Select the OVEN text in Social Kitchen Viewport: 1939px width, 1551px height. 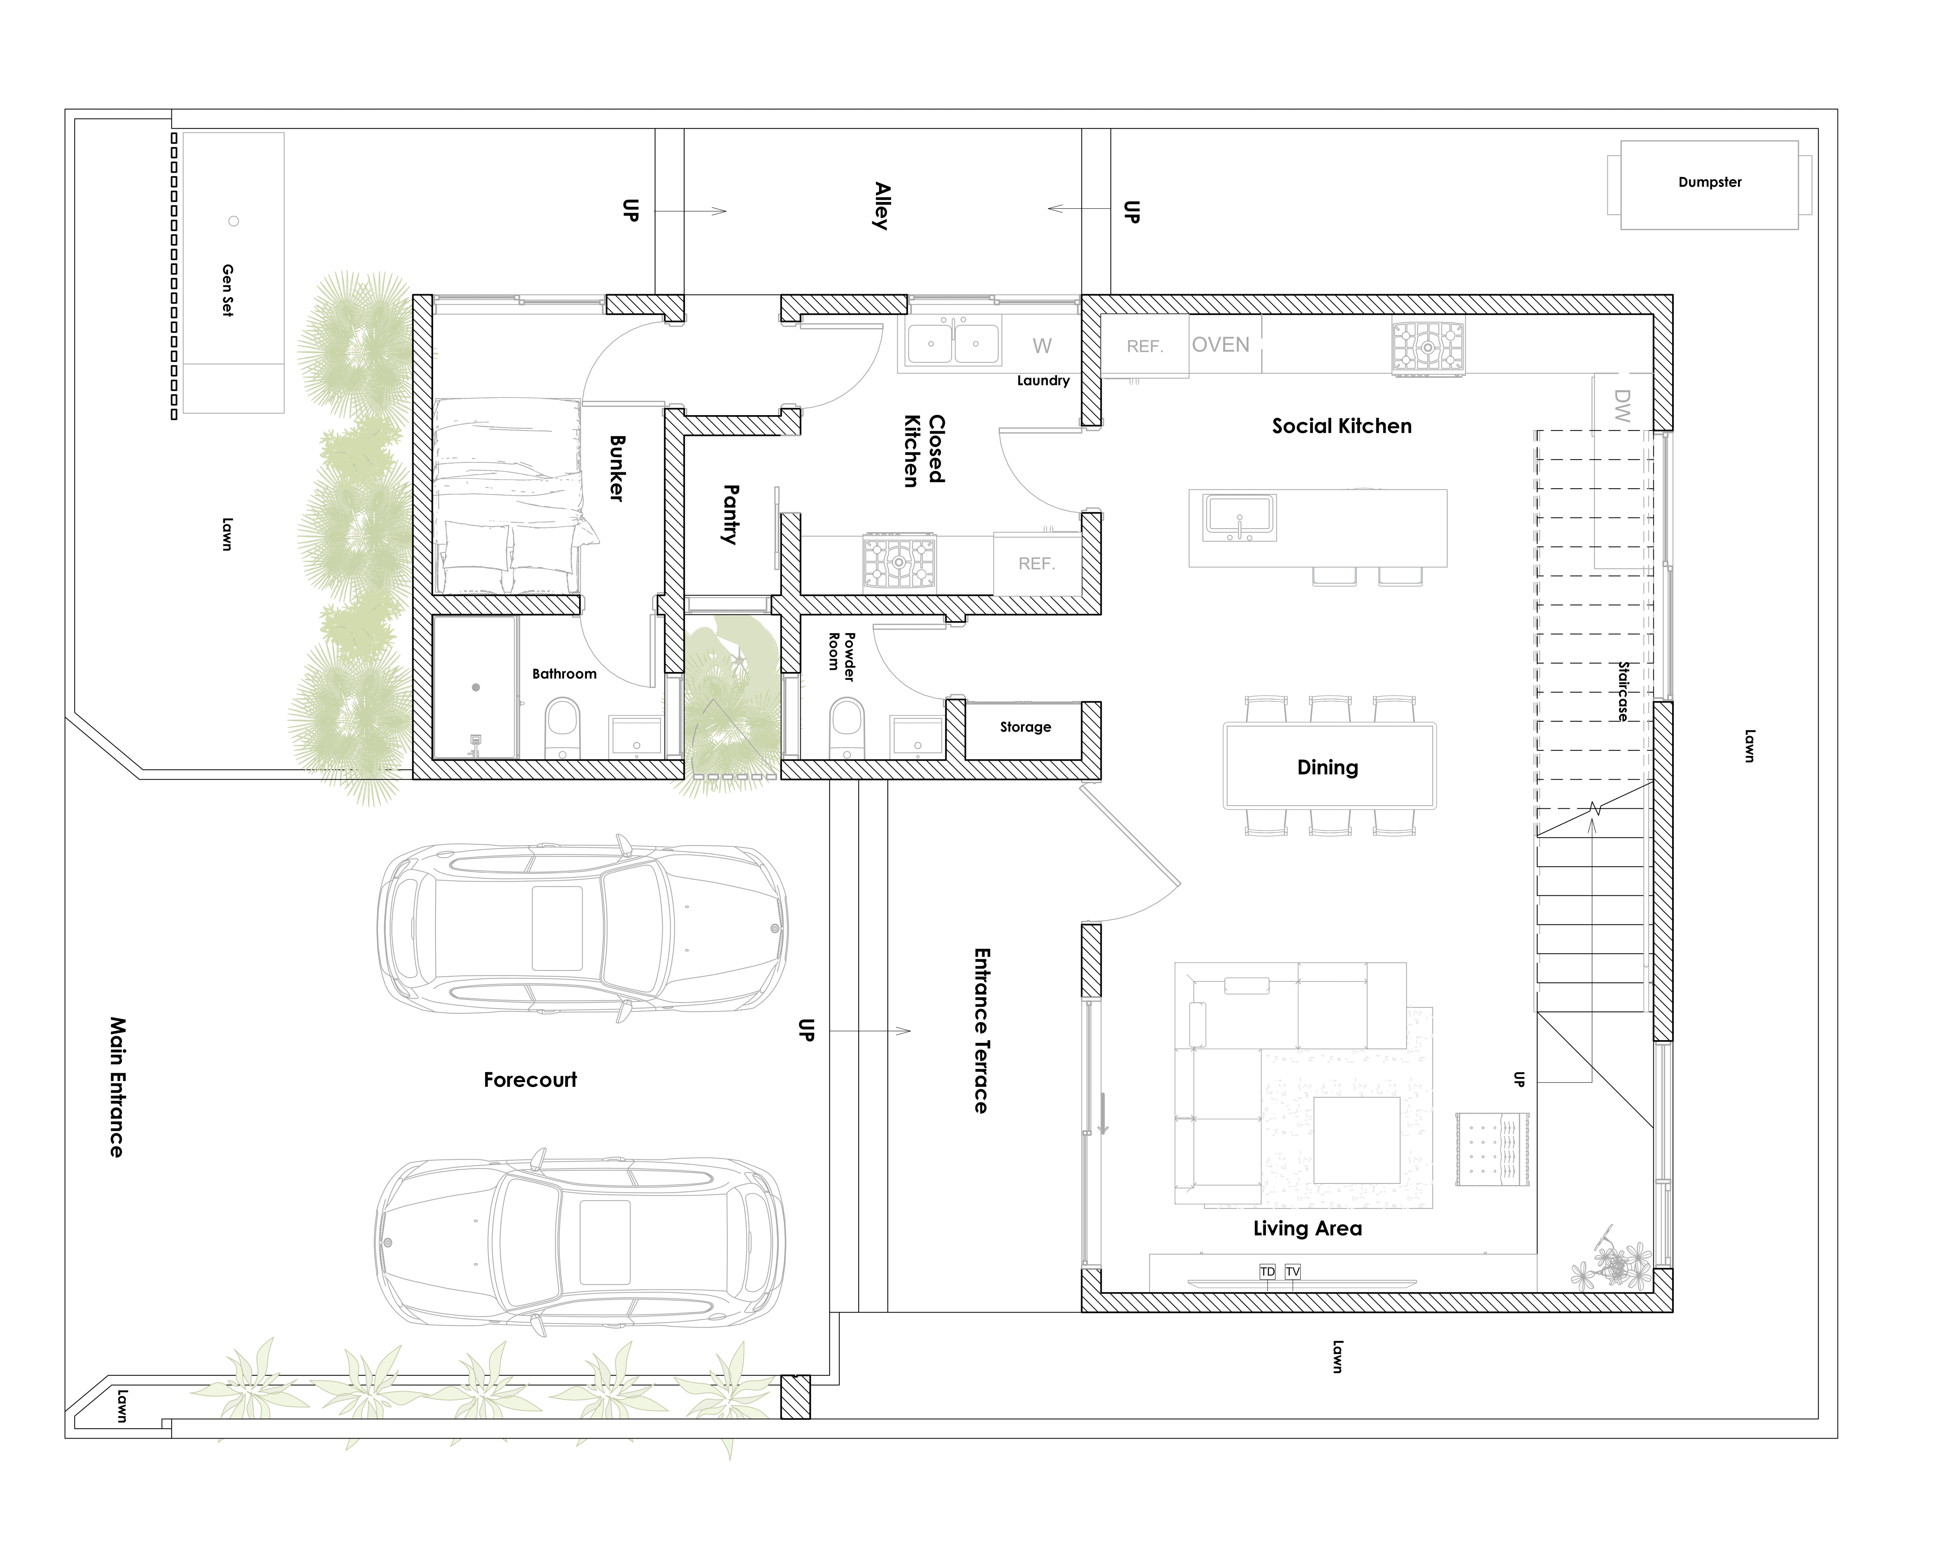(1220, 345)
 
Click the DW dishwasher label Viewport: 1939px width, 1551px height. (1622, 405)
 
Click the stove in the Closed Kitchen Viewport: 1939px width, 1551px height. (899, 563)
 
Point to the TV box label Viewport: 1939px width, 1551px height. (1293, 1272)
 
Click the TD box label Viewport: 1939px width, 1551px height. (1267, 1272)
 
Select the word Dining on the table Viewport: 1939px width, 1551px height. (1327, 767)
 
